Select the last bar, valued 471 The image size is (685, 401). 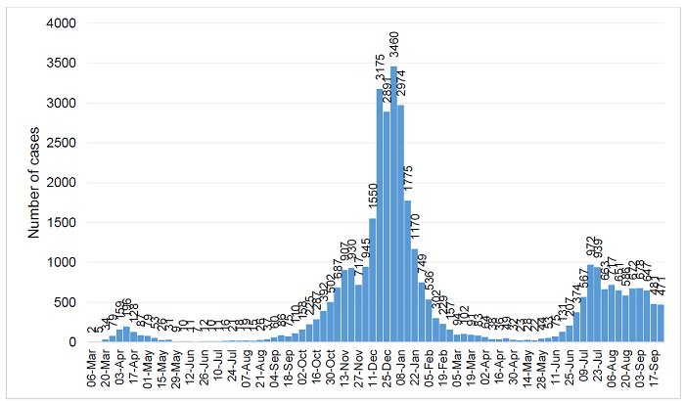coord(662,324)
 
